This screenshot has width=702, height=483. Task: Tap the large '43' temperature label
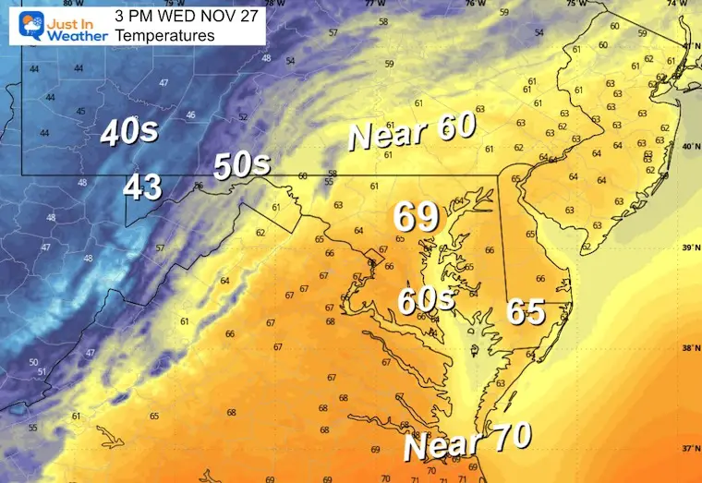click(x=143, y=187)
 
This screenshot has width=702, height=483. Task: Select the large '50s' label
click(x=242, y=166)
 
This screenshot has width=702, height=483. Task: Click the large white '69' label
click(x=416, y=217)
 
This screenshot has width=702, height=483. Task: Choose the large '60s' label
click(x=426, y=300)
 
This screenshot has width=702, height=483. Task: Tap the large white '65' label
click(x=526, y=314)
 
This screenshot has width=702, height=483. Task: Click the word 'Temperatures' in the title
click(x=165, y=35)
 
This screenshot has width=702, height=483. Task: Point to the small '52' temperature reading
click(x=244, y=117)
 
